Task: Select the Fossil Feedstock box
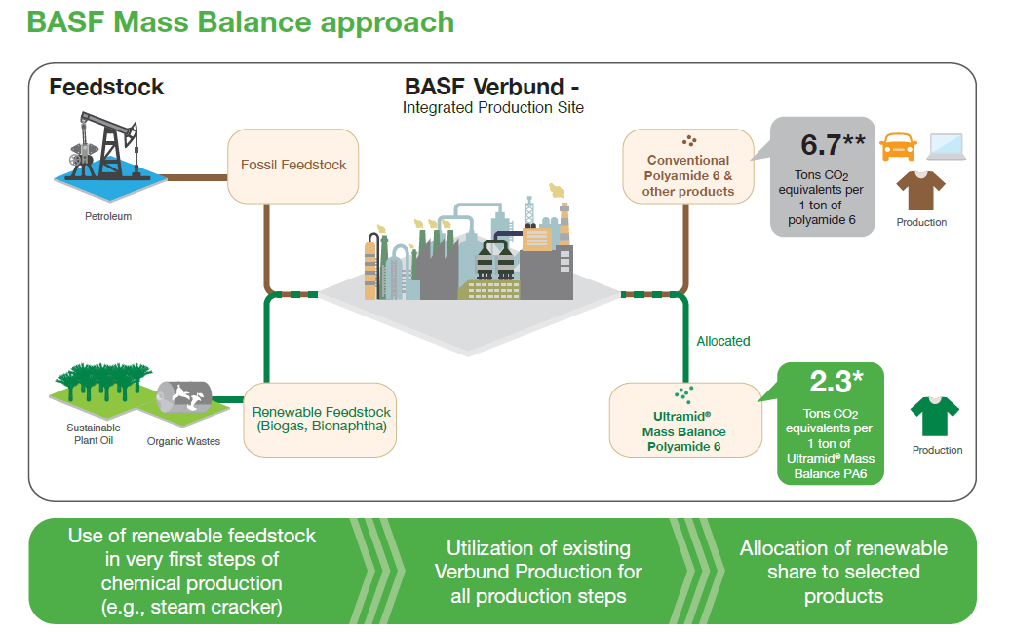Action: click(x=293, y=166)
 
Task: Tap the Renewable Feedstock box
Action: click(x=321, y=420)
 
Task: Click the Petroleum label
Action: click(x=107, y=216)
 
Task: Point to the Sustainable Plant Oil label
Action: click(x=94, y=433)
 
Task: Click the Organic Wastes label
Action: click(x=183, y=441)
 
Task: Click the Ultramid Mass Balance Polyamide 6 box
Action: click(x=684, y=420)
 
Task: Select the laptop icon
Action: click(x=946, y=146)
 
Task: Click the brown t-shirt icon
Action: click(x=921, y=191)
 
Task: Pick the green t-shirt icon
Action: click(x=934, y=417)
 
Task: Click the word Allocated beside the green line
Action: click(x=723, y=341)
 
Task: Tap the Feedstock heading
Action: click(x=106, y=87)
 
